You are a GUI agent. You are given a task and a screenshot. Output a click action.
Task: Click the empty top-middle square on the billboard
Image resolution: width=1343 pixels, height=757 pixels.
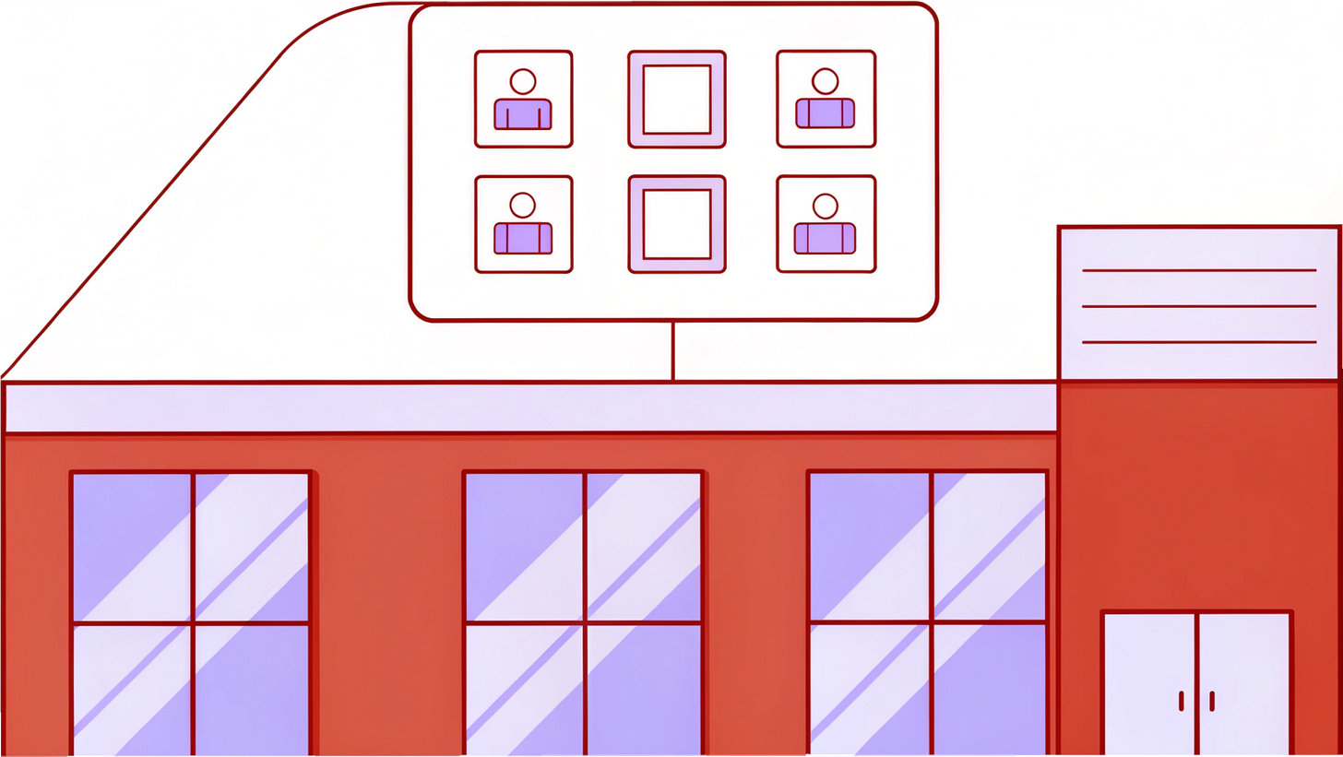pos(677,100)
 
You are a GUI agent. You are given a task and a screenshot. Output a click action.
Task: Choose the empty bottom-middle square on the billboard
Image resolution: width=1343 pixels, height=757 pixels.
pos(677,224)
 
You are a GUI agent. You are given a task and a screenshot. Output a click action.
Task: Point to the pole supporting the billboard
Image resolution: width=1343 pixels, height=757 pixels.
pos(672,350)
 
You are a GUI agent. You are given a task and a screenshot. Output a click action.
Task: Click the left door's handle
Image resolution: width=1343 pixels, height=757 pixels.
pos(1182,701)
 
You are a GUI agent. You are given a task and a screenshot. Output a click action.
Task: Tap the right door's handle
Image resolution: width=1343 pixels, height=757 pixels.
pos(1212,701)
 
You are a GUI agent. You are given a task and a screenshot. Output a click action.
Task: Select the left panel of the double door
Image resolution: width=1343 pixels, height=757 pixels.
pos(1150,682)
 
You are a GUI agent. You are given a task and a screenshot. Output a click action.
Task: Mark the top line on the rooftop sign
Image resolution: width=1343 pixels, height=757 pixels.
pos(1199,270)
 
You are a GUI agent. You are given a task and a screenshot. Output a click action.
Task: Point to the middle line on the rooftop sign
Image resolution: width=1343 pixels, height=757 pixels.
pos(1199,306)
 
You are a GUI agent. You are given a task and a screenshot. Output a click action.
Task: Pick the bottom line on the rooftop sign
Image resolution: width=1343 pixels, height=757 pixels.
pos(1199,342)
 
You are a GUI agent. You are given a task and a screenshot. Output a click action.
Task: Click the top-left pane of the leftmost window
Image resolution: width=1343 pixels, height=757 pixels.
pos(132,547)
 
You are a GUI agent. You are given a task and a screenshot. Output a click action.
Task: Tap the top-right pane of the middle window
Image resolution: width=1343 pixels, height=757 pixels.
pos(643,547)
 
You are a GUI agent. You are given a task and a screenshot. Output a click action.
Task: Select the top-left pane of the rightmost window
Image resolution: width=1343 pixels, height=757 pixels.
pos(870,547)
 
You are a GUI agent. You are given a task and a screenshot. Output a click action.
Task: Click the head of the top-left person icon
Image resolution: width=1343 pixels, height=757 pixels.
pos(523,81)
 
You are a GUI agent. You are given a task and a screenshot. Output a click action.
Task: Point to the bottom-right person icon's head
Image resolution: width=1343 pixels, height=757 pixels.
pos(826,206)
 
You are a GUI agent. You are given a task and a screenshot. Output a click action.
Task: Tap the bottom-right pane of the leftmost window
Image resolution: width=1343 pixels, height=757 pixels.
pos(251,690)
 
